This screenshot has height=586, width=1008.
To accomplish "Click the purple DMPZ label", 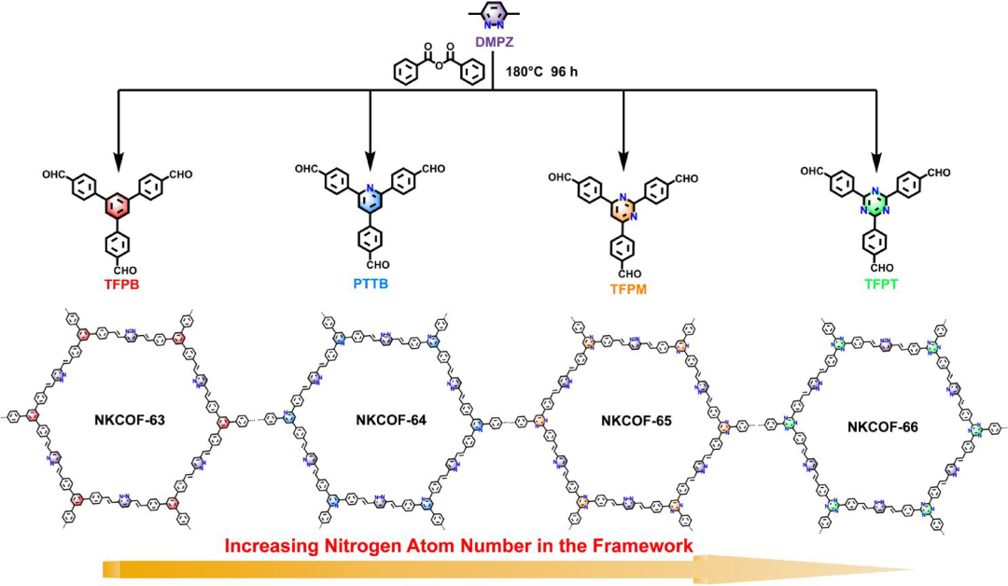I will [x=493, y=40].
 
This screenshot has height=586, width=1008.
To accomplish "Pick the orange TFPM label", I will [x=624, y=288].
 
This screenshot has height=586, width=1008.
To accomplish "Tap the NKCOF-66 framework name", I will [x=885, y=428].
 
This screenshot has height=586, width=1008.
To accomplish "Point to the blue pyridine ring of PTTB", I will [x=370, y=201].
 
